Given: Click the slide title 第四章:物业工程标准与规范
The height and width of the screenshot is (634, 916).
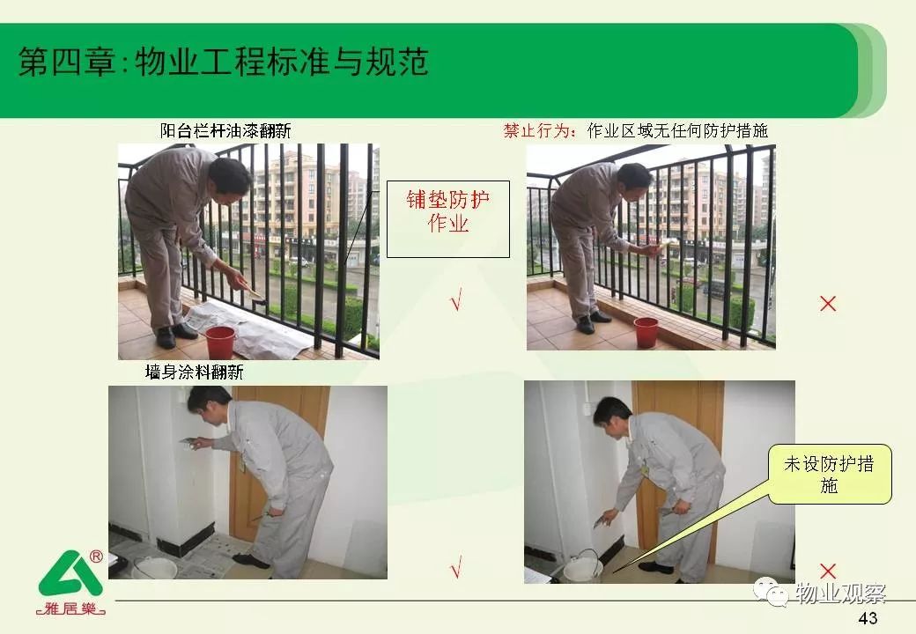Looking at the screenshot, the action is [x=224, y=62].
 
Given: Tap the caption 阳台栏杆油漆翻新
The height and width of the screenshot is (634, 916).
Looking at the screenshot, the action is [x=225, y=131].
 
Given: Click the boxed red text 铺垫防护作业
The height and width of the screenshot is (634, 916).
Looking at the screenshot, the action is [x=448, y=211].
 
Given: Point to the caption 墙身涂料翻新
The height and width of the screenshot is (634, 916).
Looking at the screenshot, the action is [x=194, y=372].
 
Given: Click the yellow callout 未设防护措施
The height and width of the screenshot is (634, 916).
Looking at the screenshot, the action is [x=830, y=475].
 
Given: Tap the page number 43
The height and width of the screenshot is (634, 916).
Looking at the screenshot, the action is [x=868, y=618].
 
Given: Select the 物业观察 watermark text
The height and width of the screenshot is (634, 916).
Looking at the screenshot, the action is [x=840, y=593].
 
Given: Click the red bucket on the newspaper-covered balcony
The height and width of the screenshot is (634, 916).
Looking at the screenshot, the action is [x=220, y=342].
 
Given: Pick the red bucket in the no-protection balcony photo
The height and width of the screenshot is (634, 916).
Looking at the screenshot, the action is [x=646, y=332].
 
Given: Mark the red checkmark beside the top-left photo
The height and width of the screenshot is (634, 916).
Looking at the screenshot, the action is [x=456, y=299].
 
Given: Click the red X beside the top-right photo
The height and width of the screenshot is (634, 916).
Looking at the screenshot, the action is [x=828, y=304].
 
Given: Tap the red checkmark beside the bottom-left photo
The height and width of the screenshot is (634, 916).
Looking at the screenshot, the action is [x=456, y=565].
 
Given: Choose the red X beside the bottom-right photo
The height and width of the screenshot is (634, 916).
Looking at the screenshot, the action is [x=828, y=571].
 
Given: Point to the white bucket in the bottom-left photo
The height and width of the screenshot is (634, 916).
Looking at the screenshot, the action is [x=155, y=568].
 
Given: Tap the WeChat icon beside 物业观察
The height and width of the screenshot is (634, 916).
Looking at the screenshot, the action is [x=772, y=593].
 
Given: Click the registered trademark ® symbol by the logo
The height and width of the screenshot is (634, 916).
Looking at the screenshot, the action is [x=96, y=556].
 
